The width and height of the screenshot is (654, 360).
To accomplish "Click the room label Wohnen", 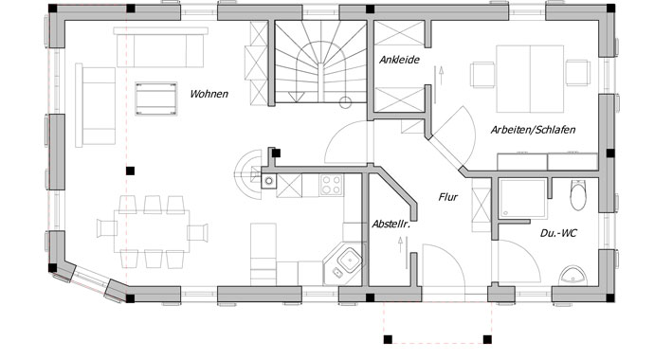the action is (x=209, y=94).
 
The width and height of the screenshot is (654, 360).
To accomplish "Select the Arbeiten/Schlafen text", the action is (x=534, y=129).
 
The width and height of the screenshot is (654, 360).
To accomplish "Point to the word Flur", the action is (x=449, y=198).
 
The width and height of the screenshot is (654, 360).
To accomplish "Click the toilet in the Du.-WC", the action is (x=579, y=198).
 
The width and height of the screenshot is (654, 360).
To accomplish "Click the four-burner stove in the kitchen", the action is (x=332, y=184).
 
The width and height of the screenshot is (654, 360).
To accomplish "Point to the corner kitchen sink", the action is (x=346, y=258).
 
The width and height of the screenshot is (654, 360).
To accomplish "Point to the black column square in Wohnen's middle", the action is (x=131, y=171).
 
